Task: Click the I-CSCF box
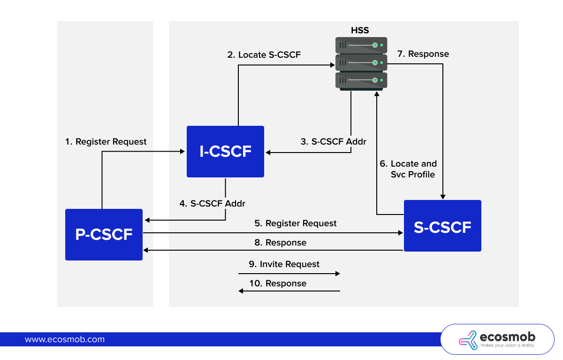(x=225, y=152)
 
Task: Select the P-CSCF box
(x=104, y=235)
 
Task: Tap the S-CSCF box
(x=442, y=226)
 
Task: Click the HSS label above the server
(x=360, y=31)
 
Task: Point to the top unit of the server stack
(x=361, y=46)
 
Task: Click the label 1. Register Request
(x=106, y=142)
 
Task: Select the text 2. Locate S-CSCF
(x=264, y=55)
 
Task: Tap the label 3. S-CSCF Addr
(x=333, y=141)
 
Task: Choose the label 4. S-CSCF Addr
(x=212, y=204)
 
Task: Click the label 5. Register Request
(x=296, y=223)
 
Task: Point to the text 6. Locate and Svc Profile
(x=408, y=169)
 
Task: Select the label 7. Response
(x=423, y=54)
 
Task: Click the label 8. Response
(x=280, y=243)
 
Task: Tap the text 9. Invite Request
(x=284, y=264)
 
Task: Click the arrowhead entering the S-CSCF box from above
(x=442, y=197)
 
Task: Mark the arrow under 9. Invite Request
(x=289, y=273)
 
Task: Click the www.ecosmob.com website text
(x=65, y=339)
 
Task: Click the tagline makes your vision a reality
(x=507, y=345)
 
